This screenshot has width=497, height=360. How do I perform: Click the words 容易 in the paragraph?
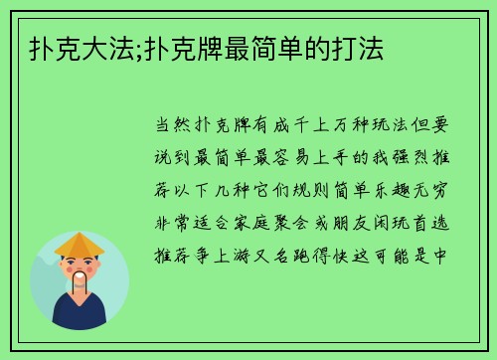tap(293, 158)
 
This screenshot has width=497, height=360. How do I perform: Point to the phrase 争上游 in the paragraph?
tap(230, 252)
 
